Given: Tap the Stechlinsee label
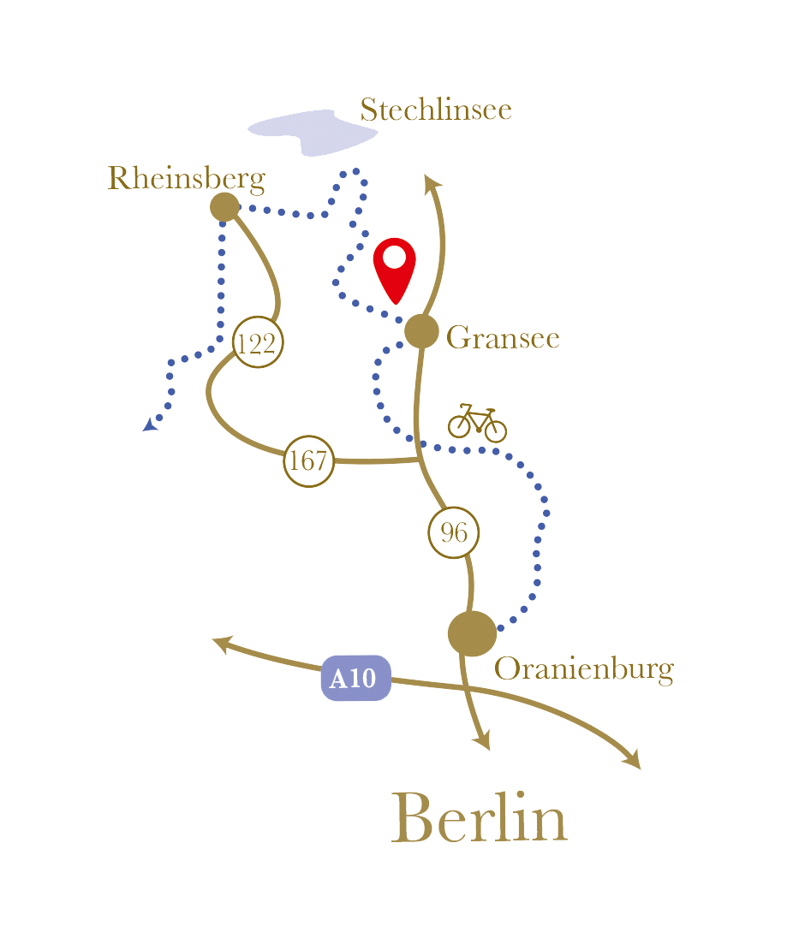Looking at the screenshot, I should [x=435, y=110].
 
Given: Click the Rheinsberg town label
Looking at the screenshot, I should [x=186, y=179].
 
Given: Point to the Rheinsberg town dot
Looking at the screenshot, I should [x=224, y=206].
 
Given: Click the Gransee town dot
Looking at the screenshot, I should [x=421, y=331].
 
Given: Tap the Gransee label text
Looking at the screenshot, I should [x=503, y=338].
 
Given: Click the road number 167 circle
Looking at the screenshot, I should [x=308, y=460].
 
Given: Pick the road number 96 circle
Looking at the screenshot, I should [x=453, y=533].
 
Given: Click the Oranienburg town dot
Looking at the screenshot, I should [x=472, y=633].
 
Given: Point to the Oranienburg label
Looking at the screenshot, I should [x=583, y=668].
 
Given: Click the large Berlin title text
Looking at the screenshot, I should [x=480, y=819].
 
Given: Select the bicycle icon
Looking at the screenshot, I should [x=477, y=422].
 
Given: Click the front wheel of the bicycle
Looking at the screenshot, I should [x=496, y=430].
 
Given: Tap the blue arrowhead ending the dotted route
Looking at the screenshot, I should [x=151, y=424].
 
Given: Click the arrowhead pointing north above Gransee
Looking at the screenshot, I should [x=432, y=181].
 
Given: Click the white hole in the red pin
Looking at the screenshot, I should [x=395, y=256].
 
